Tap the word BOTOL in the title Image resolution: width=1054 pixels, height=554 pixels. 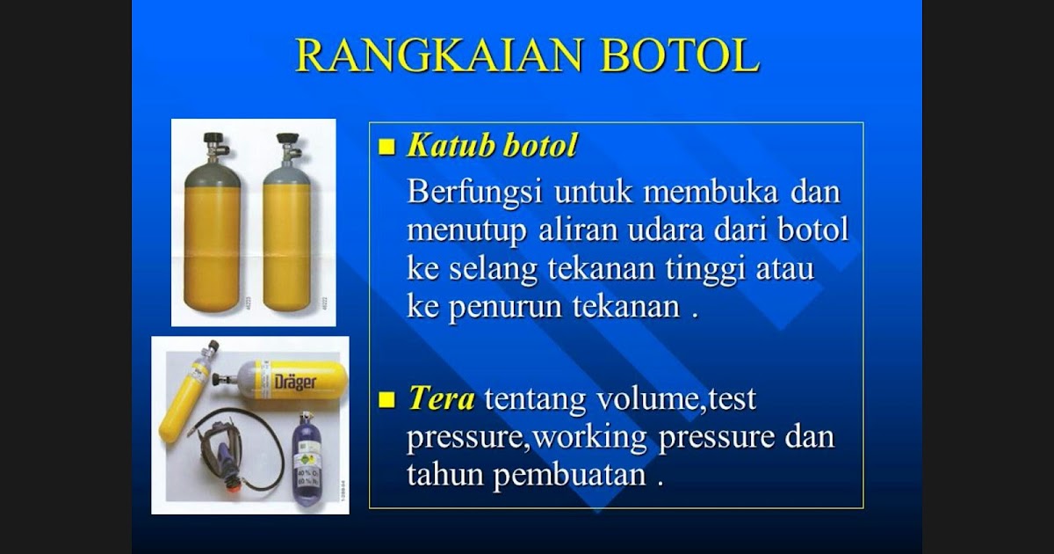click(x=680, y=55)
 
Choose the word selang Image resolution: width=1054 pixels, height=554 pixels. click(x=493, y=269)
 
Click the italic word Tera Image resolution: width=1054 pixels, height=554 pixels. click(x=441, y=398)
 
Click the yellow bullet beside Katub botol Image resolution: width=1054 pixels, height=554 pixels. click(x=387, y=148)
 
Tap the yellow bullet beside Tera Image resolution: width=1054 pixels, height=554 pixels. click(x=387, y=401)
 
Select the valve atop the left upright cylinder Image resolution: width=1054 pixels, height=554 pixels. click(x=213, y=146)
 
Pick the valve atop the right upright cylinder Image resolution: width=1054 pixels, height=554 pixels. click(x=288, y=146)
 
